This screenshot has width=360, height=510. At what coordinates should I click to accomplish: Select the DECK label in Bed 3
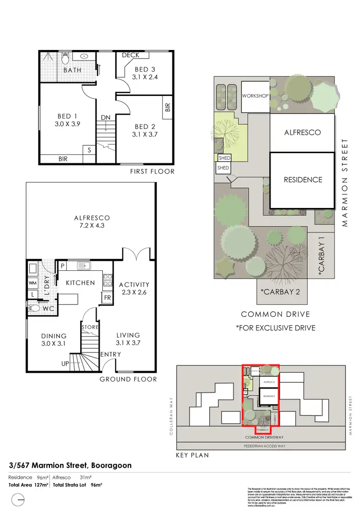point(131,56)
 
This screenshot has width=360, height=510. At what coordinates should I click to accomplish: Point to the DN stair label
point(106,117)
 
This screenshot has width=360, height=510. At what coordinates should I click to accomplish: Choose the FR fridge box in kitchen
point(108,298)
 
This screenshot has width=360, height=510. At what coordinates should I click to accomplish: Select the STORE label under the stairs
point(90,328)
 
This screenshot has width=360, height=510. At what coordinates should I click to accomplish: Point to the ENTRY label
point(110,354)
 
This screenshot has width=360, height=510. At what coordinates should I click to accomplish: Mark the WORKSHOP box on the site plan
point(256,96)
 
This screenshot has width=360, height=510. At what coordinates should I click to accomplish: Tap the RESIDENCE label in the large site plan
point(302,180)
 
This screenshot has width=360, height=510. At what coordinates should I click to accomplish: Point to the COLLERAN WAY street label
point(170,404)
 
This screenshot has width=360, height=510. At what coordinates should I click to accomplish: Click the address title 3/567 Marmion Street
point(70,465)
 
